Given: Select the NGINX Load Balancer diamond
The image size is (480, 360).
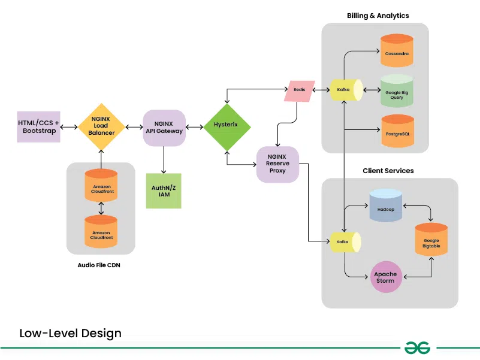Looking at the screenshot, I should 101,126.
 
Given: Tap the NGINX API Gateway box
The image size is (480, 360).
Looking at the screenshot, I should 164,127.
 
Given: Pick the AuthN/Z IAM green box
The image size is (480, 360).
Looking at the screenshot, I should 164,191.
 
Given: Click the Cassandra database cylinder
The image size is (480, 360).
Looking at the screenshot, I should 397,52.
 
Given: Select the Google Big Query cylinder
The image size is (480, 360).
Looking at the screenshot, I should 397,91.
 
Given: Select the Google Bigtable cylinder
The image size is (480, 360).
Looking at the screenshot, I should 431,242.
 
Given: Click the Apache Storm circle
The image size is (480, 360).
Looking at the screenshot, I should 385,277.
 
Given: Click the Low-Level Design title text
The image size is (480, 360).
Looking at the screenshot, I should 70,333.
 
